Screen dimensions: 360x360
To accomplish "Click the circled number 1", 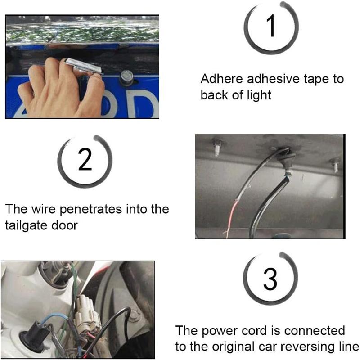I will [271, 27].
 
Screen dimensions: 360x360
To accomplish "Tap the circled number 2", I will [85, 160].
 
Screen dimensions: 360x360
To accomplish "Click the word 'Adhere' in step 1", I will [221, 79].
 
